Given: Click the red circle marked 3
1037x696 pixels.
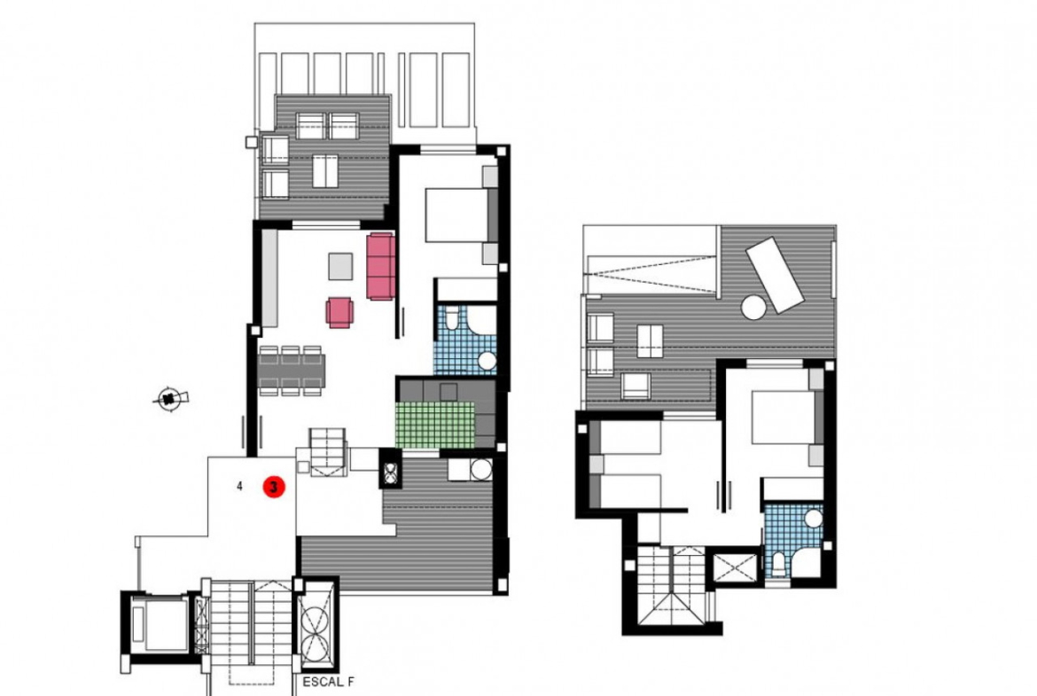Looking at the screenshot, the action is point(274,487).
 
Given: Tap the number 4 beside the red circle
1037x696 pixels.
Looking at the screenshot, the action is point(239,487).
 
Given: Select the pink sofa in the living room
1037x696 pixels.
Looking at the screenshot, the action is point(382,266).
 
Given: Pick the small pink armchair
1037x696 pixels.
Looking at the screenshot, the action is point(339,312).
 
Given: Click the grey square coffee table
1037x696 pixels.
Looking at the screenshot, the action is point(341,266).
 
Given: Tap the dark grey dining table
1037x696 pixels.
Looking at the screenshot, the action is point(291,371).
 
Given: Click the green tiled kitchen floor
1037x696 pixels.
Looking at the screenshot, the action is point(434,424).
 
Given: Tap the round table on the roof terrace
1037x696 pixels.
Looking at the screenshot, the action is point(753,307).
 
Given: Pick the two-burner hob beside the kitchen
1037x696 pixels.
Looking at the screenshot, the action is point(389,468).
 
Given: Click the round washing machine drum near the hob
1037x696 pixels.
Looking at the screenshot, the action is point(480,469).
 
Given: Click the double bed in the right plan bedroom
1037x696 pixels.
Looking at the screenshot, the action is point(786,418).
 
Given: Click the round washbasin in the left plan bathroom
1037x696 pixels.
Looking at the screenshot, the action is point(487,361).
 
